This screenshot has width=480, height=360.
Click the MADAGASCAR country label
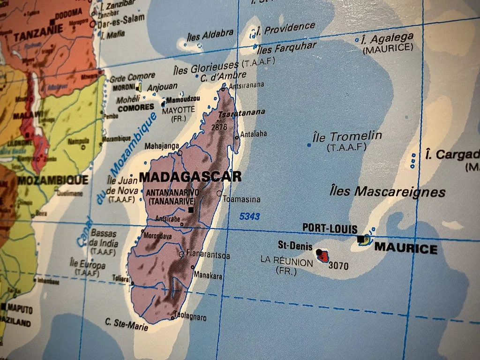[x=190, y=177]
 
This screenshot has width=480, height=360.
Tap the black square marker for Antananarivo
[x=191, y=210]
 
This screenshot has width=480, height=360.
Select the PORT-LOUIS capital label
[x=330, y=228]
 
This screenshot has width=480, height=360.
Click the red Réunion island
[x=323, y=256]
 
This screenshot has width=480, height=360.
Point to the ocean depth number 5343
[x=249, y=217]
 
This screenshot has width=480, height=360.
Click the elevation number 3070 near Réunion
[x=338, y=266]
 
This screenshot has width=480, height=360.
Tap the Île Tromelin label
[x=347, y=137]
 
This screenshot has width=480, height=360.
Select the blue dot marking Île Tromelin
[x=308, y=145]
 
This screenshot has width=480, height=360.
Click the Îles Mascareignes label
[x=387, y=191]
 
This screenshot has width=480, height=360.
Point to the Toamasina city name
[x=241, y=199]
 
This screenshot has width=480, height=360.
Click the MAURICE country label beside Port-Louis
[x=405, y=248]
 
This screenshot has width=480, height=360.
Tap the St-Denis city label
[x=295, y=246]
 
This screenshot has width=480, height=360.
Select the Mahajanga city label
[x=162, y=146]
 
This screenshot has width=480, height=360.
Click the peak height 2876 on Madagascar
[x=219, y=127]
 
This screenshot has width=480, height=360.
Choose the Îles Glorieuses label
[x=206, y=69]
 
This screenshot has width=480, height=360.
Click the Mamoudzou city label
[x=183, y=99]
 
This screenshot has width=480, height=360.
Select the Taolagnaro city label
[x=190, y=317]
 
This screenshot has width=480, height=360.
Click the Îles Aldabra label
[x=210, y=34]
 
